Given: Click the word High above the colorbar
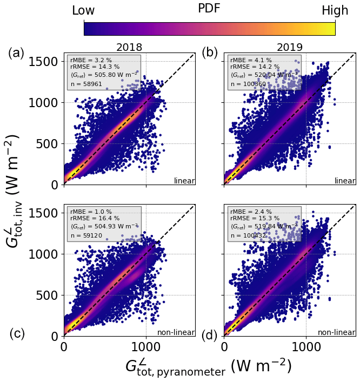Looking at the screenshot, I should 335,10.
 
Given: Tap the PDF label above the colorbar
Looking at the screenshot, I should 209,9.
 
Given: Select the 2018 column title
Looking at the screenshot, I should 129,48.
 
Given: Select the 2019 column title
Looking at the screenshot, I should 290,48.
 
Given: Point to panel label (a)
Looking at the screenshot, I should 16,52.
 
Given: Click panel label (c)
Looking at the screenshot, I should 17,334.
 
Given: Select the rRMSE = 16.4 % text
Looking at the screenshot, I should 92,218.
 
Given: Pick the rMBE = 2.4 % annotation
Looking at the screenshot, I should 251,212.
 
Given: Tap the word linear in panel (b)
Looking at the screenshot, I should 345,181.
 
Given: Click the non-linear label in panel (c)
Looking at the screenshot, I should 176,332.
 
